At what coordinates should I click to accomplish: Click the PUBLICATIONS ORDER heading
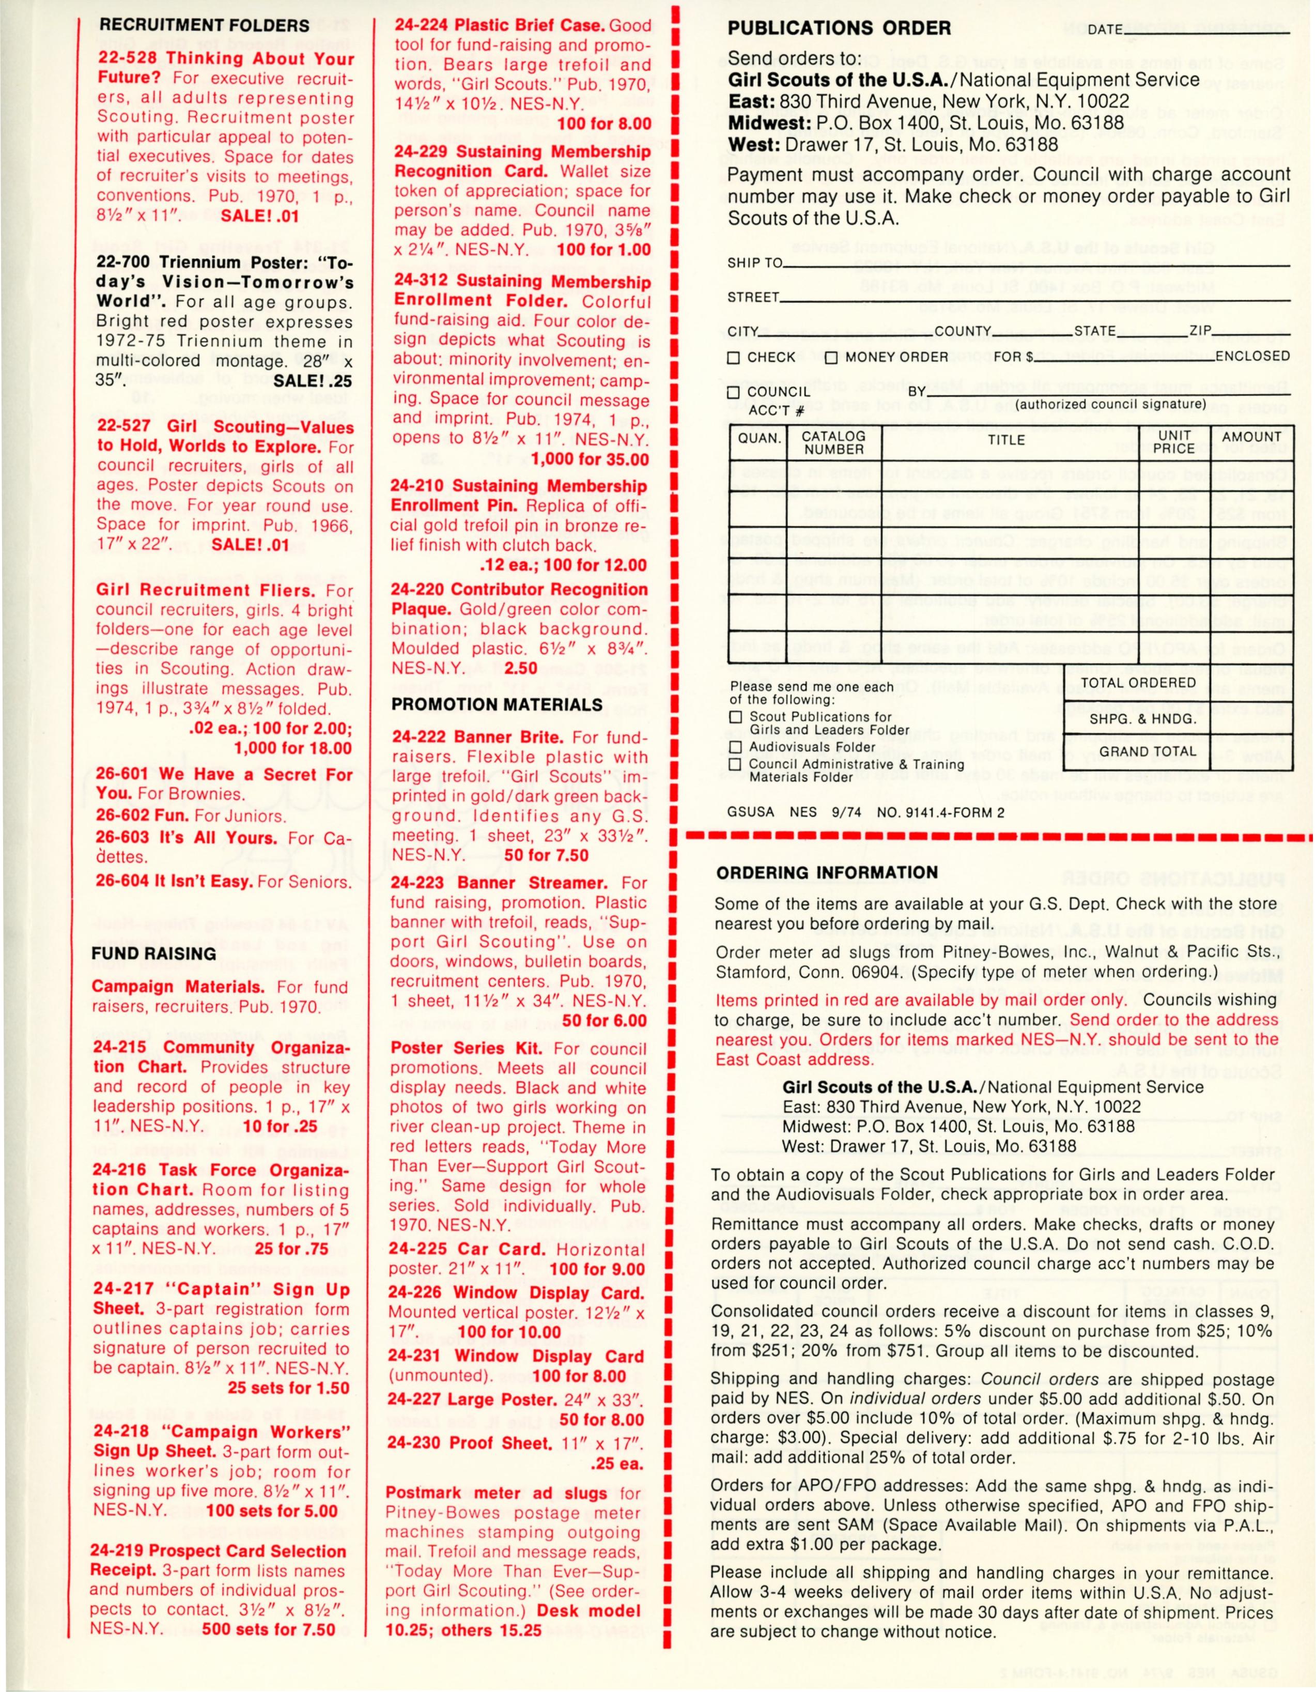(x=839, y=28)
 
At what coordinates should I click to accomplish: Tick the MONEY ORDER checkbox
(x=831, y=358)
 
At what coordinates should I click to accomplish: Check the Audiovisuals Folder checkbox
(x=736, y=748)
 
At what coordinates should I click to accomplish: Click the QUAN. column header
(x=759, y=438)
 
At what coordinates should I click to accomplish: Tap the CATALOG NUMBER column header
(x=833, y=443)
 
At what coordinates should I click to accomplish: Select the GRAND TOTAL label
(x=1147, y=751)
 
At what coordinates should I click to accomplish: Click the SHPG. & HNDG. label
(x=1142, y=719)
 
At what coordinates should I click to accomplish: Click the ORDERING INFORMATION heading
(x=827, y=872)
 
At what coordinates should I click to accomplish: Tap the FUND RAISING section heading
(x=153, y=953)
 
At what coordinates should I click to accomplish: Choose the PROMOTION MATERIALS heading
(x=497, y=705)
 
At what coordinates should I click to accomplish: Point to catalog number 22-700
(x=123, y=262)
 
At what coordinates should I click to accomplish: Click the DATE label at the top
(x=1105, y=30)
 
